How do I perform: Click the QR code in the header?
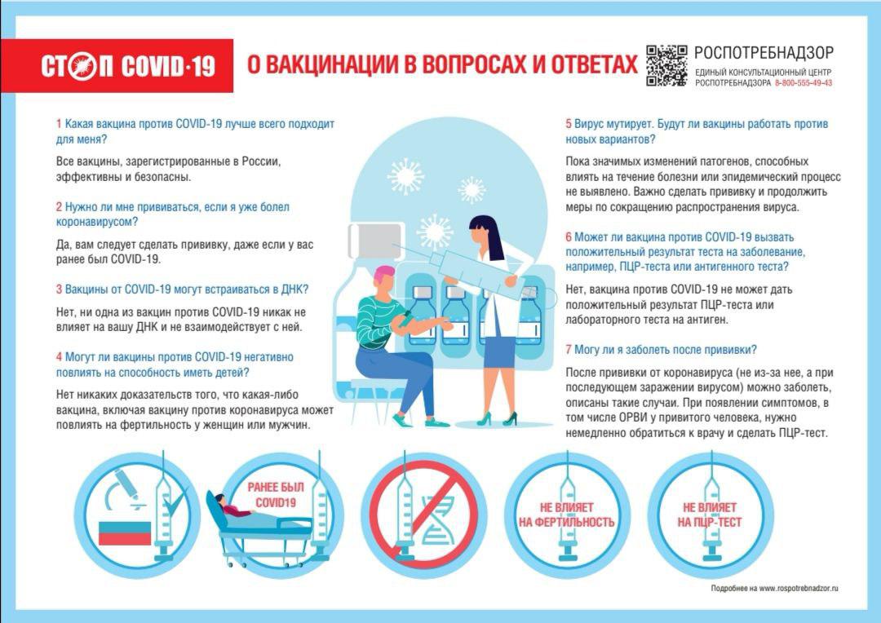(x=666, y=66)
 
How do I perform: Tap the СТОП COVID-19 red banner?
(x=117, y=66)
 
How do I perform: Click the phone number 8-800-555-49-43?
(x=804, y=83)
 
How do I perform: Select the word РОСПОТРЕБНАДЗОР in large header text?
(x=764, y=53)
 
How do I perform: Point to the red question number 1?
(x=59, y=124)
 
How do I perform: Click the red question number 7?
(x=569, y=350)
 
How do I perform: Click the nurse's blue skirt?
(x=499, y=351)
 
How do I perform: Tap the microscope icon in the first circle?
(x=124, y=488)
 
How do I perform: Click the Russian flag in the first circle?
(x=125, y=533)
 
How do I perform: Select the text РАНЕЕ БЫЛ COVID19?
(x=276, y=494)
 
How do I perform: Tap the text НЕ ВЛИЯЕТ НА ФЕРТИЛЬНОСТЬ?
(x=566, y=515)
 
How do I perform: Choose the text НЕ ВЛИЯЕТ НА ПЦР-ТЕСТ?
(x=710, y=515)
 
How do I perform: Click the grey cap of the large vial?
(x=375, y=241)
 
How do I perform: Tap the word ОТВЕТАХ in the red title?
(x=595, y=64)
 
